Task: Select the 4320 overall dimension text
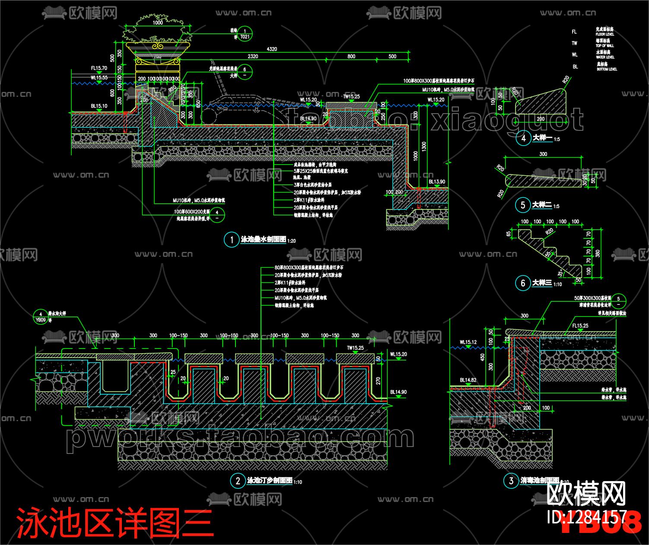[x=272, y=49]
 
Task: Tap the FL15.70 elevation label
[x=99, y=68]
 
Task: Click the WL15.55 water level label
[x=99, y=78]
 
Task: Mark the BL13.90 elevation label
[x=437, y=182]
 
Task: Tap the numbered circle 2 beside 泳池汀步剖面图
[x=238, y=481]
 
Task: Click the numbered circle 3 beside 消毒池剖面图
[x=511, y=481]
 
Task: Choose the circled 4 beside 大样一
[x=523, y=138]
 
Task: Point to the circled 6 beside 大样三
[x=523, y=283]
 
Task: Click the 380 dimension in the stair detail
[x=598, y=253]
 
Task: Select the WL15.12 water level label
[x=468, y=342]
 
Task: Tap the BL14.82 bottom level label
[x=468, y=380]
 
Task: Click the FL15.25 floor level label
[x=580, y=326]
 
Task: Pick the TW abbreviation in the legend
[x=574, y=43]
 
